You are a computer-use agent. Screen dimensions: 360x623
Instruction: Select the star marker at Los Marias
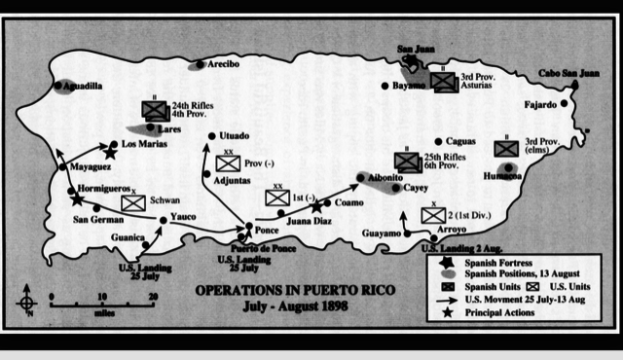point(111,153)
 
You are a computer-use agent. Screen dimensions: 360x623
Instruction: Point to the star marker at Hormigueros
point(77,199)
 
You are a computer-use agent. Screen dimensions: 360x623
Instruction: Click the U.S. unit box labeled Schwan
point(133,202)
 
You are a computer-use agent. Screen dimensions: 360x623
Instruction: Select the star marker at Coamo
point(317,206)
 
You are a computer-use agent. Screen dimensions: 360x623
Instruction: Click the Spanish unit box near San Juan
point(444,84)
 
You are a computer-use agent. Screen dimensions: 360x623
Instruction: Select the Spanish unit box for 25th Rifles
point(407,162)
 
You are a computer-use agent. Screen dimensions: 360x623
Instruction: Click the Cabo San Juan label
point(571,73)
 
